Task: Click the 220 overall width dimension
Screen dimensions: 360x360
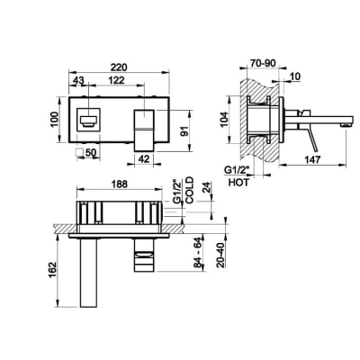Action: click(119, 67)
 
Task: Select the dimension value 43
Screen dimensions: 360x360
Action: click(78, 80)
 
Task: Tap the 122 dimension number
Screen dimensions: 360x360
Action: click(116, 80)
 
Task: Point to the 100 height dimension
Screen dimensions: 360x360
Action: click(54, 120)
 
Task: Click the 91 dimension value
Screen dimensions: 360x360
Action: click(185, 131)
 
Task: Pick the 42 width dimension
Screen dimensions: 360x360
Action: click(144, 158)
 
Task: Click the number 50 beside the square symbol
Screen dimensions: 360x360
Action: click(91, 152)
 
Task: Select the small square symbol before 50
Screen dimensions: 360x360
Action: click(80, 152)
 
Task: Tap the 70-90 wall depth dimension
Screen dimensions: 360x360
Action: click(263, 64)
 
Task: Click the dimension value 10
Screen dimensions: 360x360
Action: click(295, 76)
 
